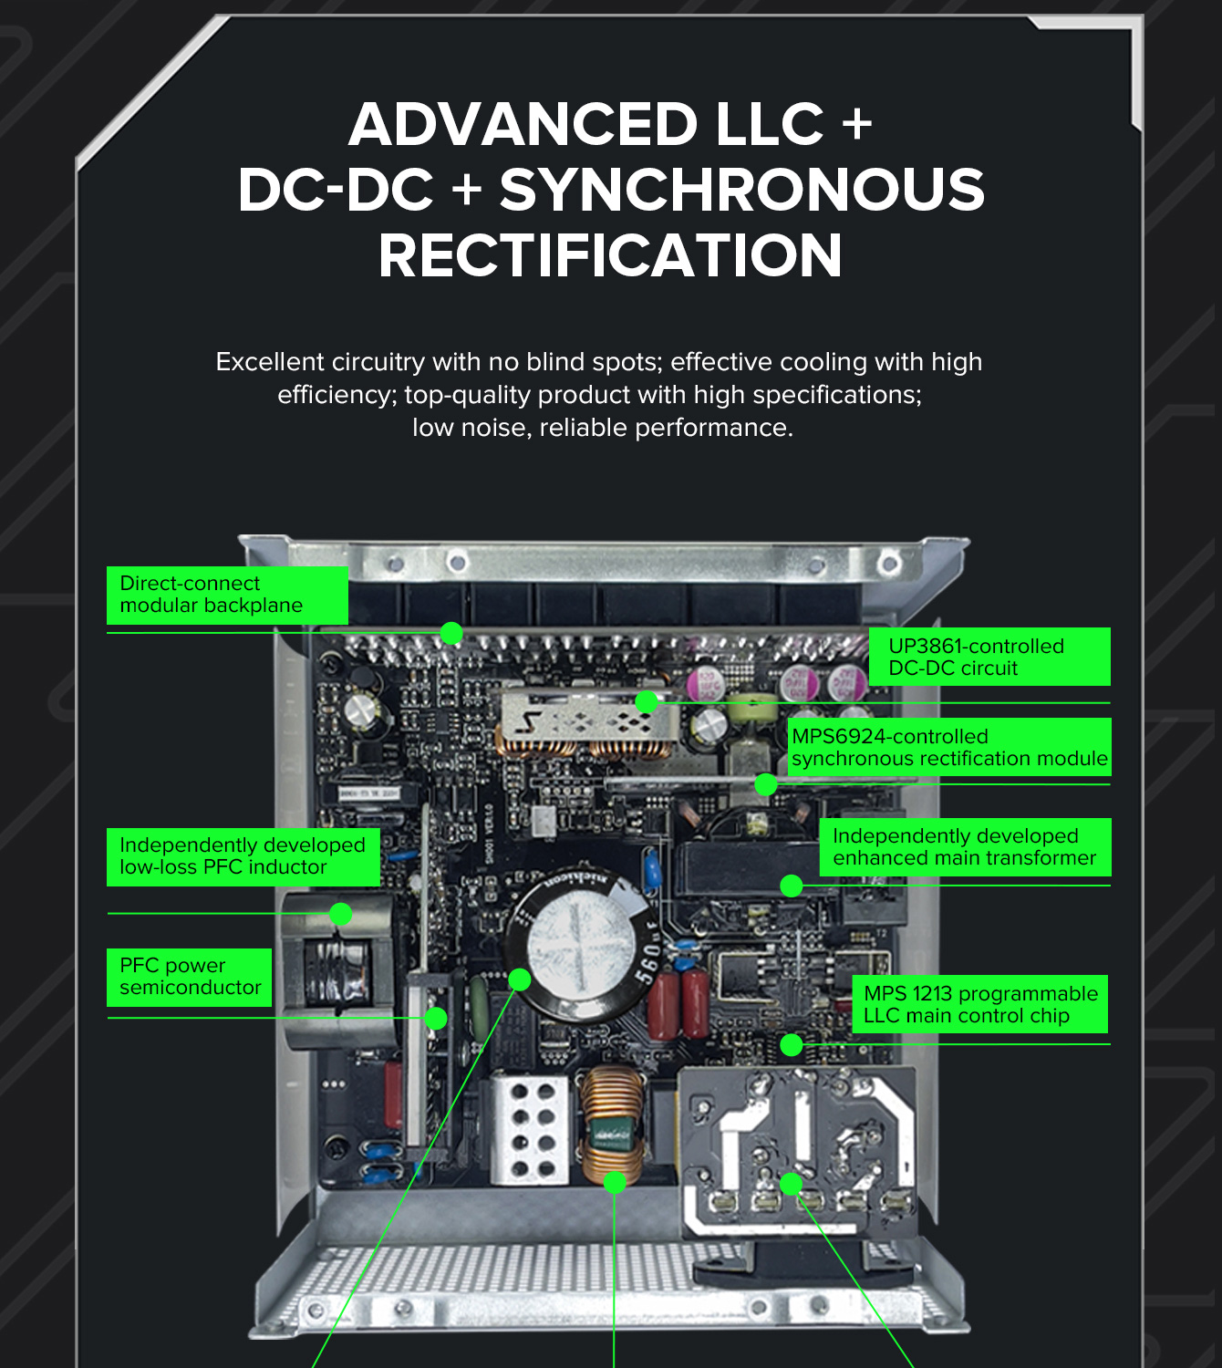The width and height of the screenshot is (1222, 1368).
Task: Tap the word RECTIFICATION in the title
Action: [610, 255]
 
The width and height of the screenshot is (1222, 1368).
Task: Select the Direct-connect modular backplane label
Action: [227, 595]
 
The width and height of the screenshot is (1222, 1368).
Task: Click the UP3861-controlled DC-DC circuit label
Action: [989, 657]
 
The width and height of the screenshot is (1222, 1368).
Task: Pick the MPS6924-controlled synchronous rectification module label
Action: [949, 747]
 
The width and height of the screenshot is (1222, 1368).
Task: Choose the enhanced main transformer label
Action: [965, 846]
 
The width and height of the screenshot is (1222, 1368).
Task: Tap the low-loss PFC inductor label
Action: [243, 856]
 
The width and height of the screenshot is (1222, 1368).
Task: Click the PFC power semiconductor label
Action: [189, 977]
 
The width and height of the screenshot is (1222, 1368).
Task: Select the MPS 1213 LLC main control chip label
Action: [979, 1004]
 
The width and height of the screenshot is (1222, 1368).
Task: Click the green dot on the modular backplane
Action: [451, 633]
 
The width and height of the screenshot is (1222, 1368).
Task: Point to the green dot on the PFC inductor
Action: [340, 914]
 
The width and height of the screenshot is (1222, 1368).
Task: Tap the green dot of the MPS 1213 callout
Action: [792, 1044]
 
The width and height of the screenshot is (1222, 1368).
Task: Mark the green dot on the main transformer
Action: [792, 886]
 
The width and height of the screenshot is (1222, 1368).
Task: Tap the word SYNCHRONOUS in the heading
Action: [742, 190]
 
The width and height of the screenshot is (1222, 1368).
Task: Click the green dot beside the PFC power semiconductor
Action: [436, 1018]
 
